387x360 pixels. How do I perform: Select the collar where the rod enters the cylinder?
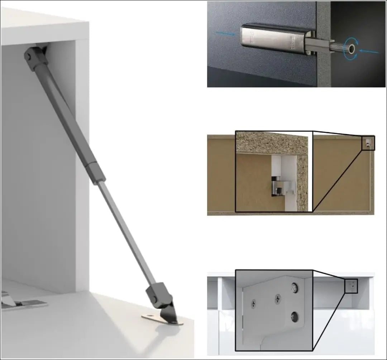tap(96, 172)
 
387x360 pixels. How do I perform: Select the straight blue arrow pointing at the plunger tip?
tap(369, 52)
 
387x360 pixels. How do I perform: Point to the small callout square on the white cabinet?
tap(351, 286)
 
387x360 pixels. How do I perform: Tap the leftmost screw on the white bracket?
tap(254, 304)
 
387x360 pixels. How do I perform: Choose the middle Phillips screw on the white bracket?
tap(277, 298)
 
